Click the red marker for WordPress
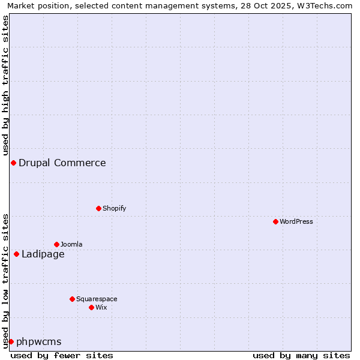coord(275,221)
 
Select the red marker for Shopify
coord(98,208)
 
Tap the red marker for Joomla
coord(56,244)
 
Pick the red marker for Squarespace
coord(72,299)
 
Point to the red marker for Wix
coord(91,307)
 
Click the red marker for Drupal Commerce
coord(13,163)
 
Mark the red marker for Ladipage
coord(16,254)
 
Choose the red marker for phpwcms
coord(11,341)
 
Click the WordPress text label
coord(296,221)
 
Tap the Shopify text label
coord(114,208)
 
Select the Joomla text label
coord(71,244)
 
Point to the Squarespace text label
coord(97,299)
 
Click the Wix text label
coord(101,307)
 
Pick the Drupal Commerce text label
coord(62,163)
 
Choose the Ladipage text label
coord(43,254)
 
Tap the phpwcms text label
coord(39,341)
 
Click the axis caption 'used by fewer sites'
coord(62,355)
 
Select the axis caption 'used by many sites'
coord(301,355)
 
